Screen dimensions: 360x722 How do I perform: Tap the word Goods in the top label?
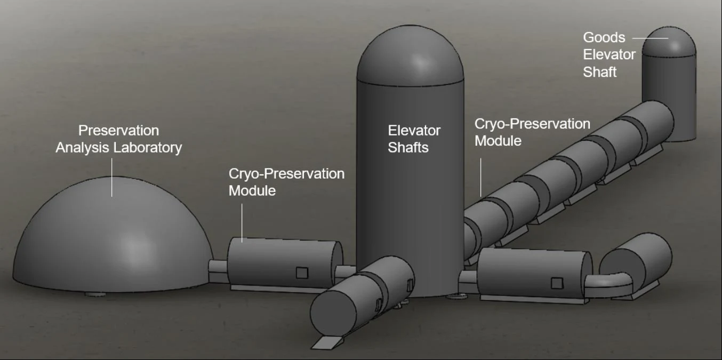point(604,37)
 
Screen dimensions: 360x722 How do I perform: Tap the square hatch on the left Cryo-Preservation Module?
point(302,273)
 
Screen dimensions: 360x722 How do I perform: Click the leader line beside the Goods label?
point(650,38)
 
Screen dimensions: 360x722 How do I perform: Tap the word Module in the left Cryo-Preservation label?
point(252,190)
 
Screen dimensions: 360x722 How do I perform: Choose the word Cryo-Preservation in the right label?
point(532,124)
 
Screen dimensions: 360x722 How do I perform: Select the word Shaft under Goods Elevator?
point(599,71)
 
